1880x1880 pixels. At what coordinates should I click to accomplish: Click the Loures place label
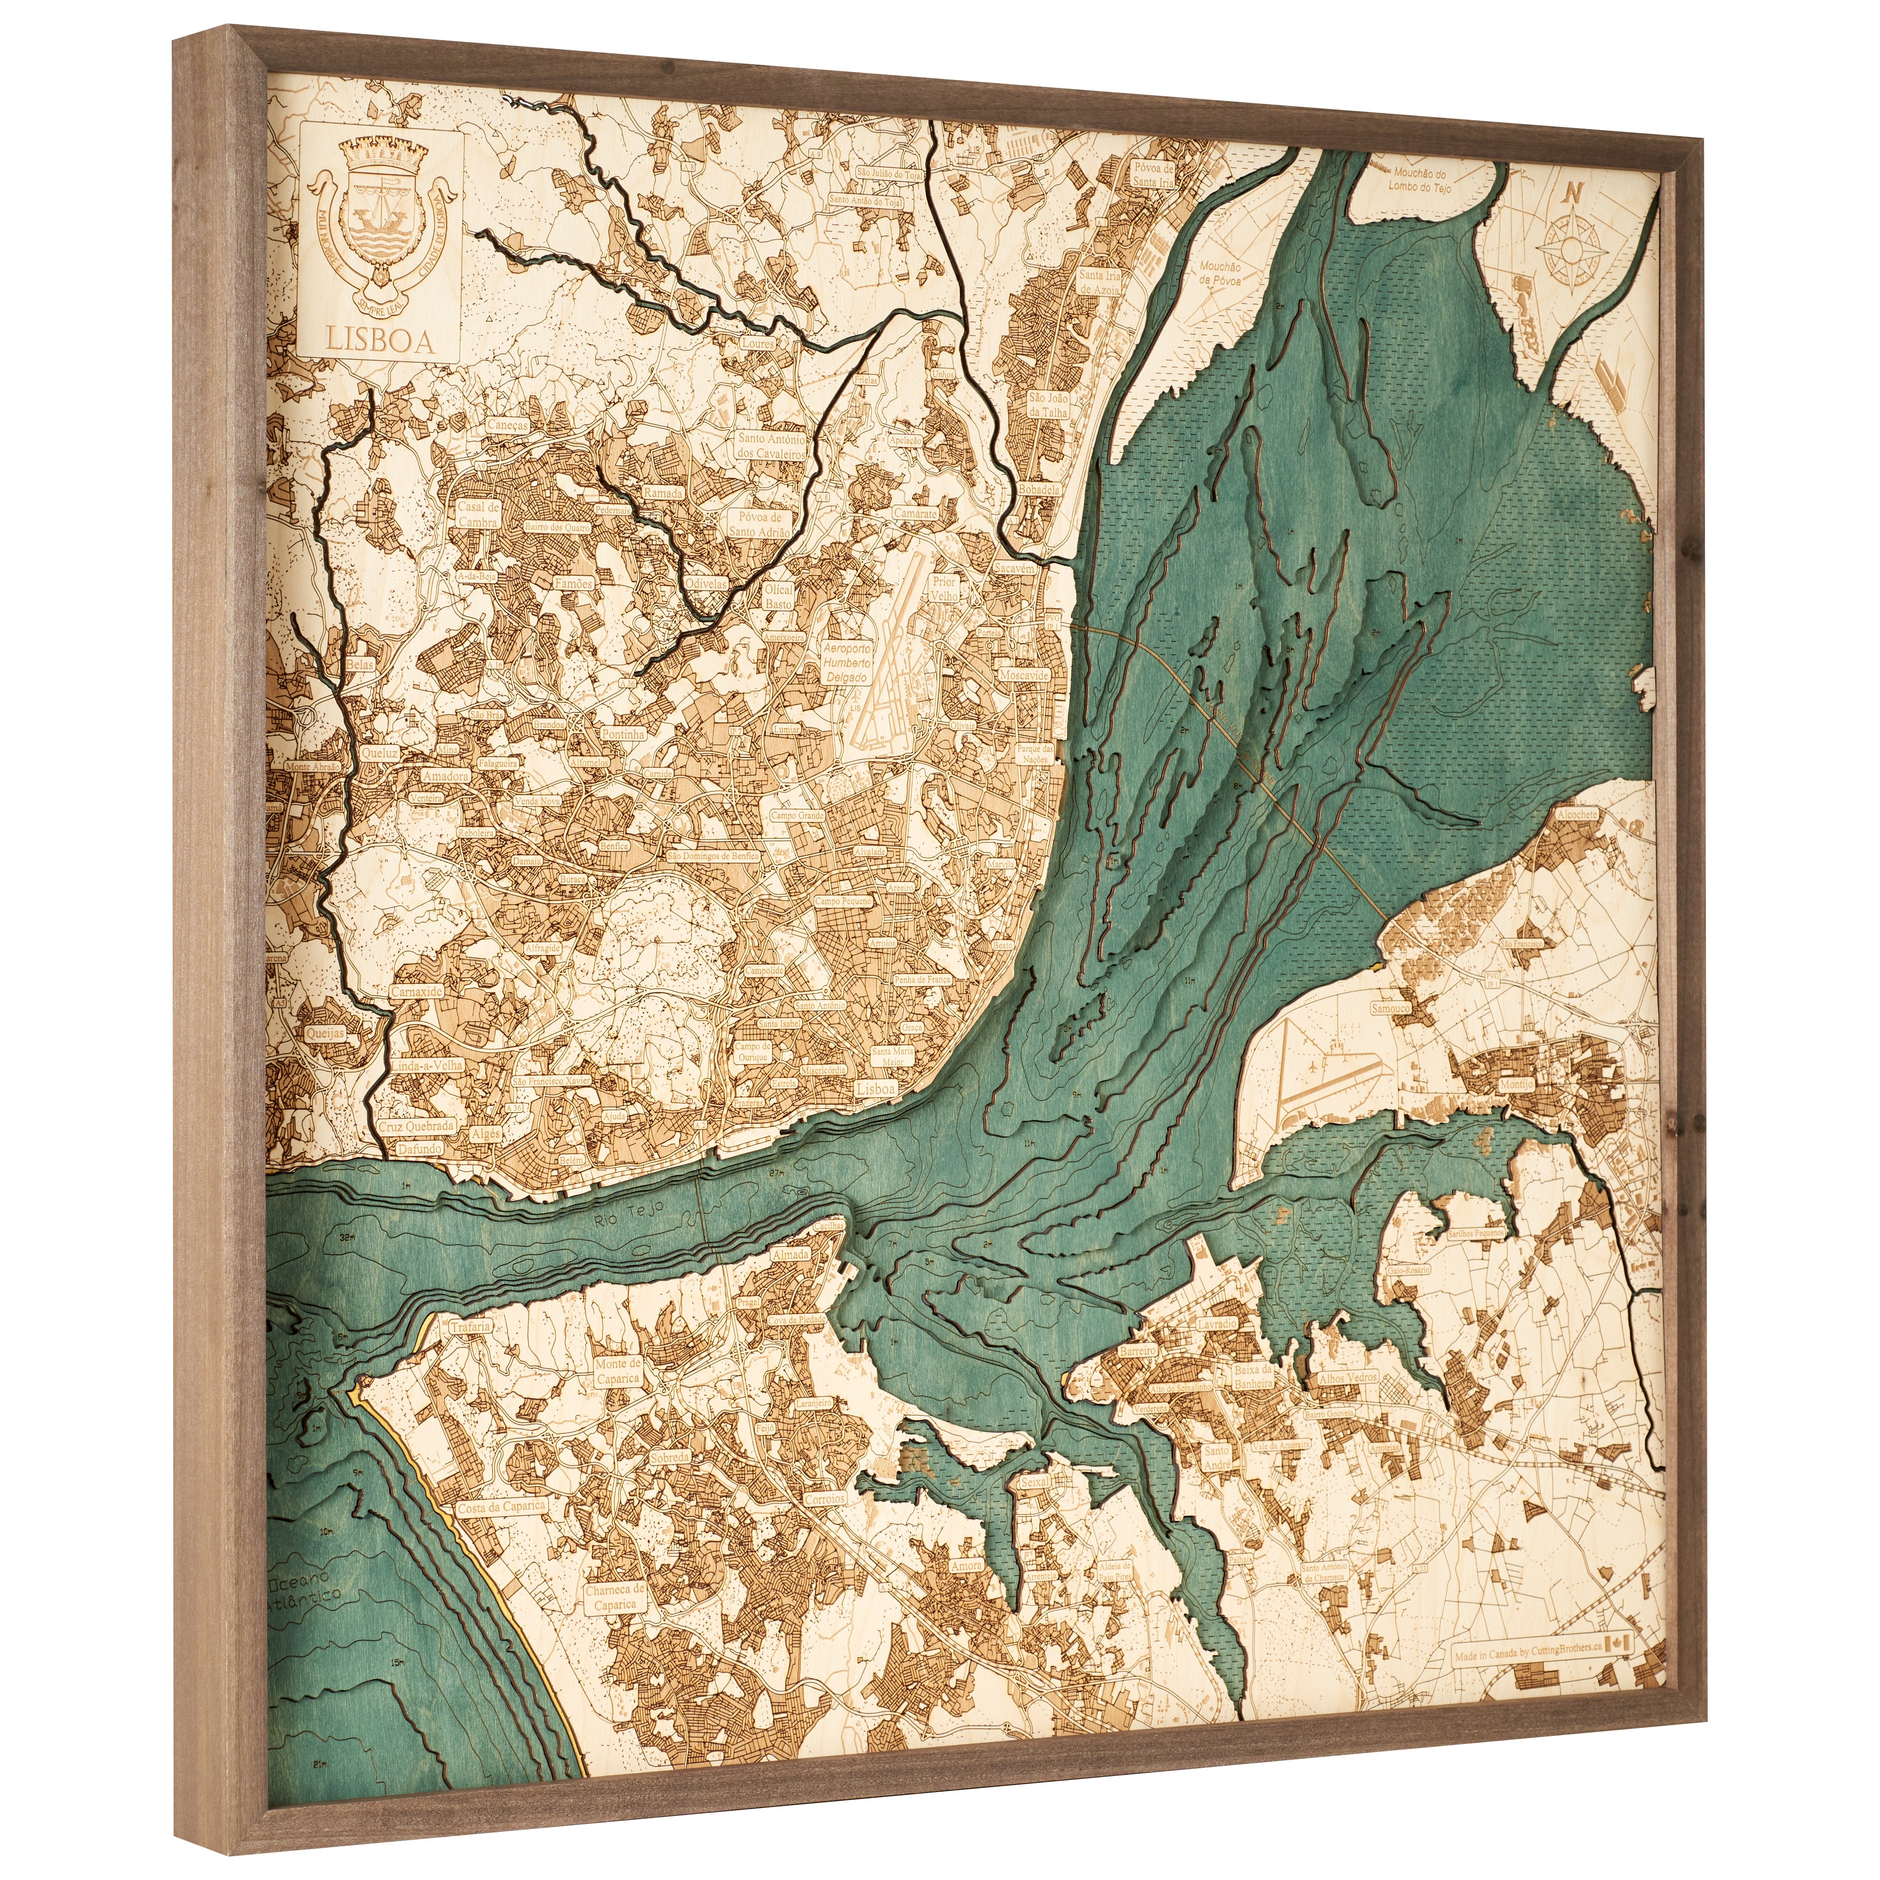757,343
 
